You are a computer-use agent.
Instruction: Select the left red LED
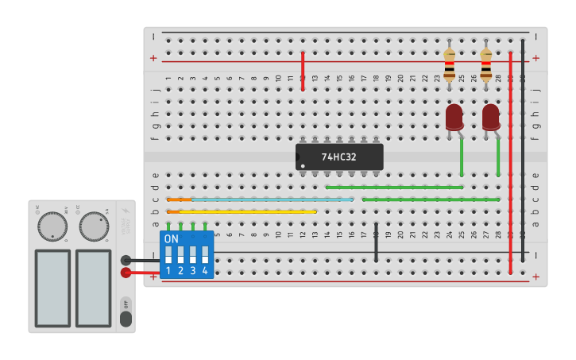454,117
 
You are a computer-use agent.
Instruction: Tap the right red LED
491,117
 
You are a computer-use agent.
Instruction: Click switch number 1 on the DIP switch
168,255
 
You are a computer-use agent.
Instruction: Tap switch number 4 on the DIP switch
205,255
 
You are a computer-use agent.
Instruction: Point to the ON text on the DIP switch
172,238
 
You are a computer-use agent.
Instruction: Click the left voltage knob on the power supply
52,226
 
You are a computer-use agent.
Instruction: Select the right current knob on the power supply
93,226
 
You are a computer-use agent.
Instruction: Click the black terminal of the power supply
126,260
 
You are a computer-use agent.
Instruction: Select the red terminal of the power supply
126,273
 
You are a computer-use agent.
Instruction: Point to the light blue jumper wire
270,199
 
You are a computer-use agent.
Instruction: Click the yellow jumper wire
246,211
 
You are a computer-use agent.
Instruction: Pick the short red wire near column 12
303,72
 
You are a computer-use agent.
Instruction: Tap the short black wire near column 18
376,242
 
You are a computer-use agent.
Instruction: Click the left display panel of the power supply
52,288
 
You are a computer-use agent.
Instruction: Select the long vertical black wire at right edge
522,151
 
